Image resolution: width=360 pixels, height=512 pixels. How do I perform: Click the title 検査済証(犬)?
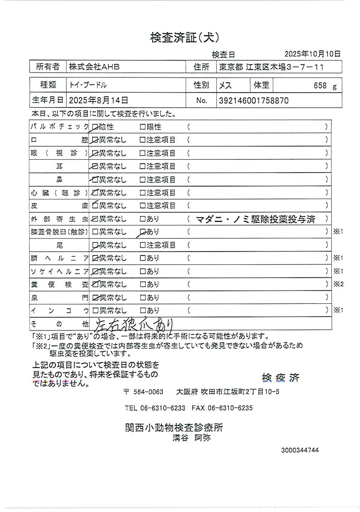click(185, 38)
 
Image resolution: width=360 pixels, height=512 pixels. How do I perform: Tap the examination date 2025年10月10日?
click(312, 54)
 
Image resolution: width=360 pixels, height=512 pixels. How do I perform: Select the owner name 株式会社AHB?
click(94, 67)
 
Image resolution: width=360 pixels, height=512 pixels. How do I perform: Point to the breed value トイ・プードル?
click(88, 85)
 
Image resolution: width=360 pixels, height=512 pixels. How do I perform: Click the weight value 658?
click(320, 86)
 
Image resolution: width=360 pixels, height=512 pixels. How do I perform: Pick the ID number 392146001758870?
click(254, 100)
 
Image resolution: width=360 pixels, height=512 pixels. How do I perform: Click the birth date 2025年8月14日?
click(98, 100)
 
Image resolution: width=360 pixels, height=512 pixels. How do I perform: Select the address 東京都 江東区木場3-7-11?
click(271, 67)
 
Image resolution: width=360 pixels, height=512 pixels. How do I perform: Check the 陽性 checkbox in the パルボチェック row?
click(142, 127)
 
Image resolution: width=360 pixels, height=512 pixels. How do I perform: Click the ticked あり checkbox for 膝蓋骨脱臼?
click(142, 232)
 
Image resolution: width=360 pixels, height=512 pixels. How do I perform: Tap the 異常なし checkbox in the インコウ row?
click(95, 310)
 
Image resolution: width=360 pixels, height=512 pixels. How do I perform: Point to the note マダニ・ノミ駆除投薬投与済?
click(255, 219)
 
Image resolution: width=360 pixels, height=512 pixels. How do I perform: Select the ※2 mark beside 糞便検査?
click(338, 284)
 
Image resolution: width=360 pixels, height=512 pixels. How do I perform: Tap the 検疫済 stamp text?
click(280, 378)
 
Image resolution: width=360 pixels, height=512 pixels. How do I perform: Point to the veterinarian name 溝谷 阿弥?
click(191, 438)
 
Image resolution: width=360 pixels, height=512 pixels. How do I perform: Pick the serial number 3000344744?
click(300, 450)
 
